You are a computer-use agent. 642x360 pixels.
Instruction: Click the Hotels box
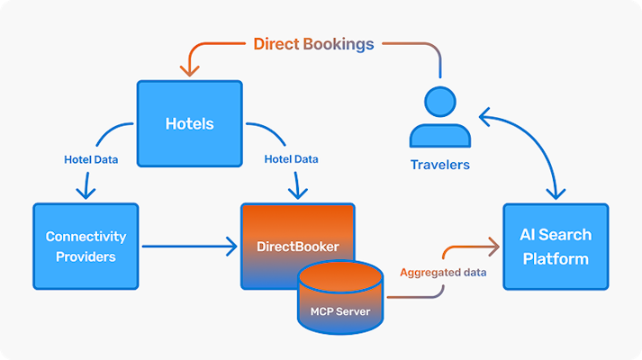point(189,124)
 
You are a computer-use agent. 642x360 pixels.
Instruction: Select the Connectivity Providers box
point(86,246)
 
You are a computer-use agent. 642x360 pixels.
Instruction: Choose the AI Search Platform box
point(556,246)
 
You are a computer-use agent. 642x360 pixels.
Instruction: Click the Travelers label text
point(439,165)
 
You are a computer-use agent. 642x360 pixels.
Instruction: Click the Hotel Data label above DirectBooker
point(291,159)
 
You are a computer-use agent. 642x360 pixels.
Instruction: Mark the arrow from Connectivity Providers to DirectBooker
point(189,245)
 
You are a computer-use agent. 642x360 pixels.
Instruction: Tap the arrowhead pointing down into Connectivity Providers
point(86,193)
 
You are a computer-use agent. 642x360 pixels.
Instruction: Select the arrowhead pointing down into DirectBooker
point(296,193)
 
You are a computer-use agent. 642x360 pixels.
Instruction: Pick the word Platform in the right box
point(556,259)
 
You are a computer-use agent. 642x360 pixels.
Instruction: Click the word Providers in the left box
point(86,256)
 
